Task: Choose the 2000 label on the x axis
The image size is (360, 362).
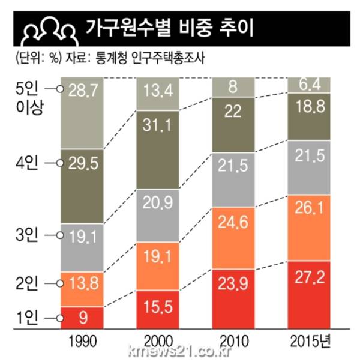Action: pyautogui.click(x=158, y=343)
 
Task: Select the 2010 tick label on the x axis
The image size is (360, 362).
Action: pyautogui.click(x=234, y=343)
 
